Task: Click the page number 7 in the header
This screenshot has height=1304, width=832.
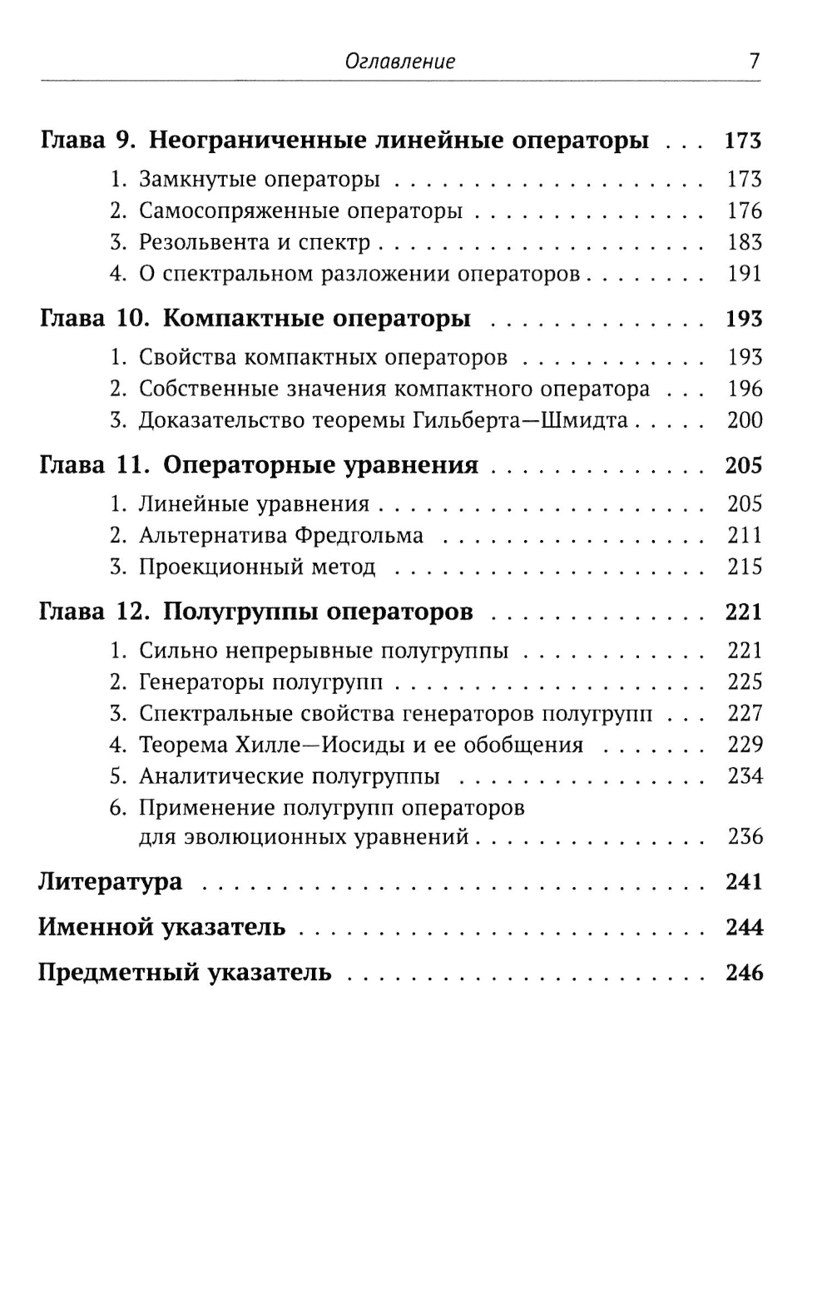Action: [x=754, y=61]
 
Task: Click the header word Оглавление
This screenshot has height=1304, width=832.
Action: [x=400, y=62]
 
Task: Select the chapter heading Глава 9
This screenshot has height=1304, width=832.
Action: [x=87, y=140]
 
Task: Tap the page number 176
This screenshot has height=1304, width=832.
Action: [x=744, y=211]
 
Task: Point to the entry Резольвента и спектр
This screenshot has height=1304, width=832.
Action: [x=254, y=242]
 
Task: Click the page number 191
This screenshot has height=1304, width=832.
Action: [x=744, y=274]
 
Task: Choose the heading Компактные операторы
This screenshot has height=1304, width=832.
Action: [x=317, y=319]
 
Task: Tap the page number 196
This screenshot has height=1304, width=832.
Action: [x=744, y=389]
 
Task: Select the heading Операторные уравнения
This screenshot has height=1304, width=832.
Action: [x=320, y=465]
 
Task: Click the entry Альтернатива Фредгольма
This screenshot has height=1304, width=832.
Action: [x=280, y=535]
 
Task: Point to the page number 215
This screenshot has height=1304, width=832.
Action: [x=744, y=567]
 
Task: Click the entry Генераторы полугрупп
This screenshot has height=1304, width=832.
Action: [x=260, y=682]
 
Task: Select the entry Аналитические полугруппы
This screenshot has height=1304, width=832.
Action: [x=289, y=776]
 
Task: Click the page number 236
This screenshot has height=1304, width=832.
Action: [x=744, y=836]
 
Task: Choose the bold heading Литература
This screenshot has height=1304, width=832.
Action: [x=110, y=881]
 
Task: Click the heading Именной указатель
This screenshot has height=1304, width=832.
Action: [x=161, y=927]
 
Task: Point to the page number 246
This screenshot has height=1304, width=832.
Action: [x=744, y=973]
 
